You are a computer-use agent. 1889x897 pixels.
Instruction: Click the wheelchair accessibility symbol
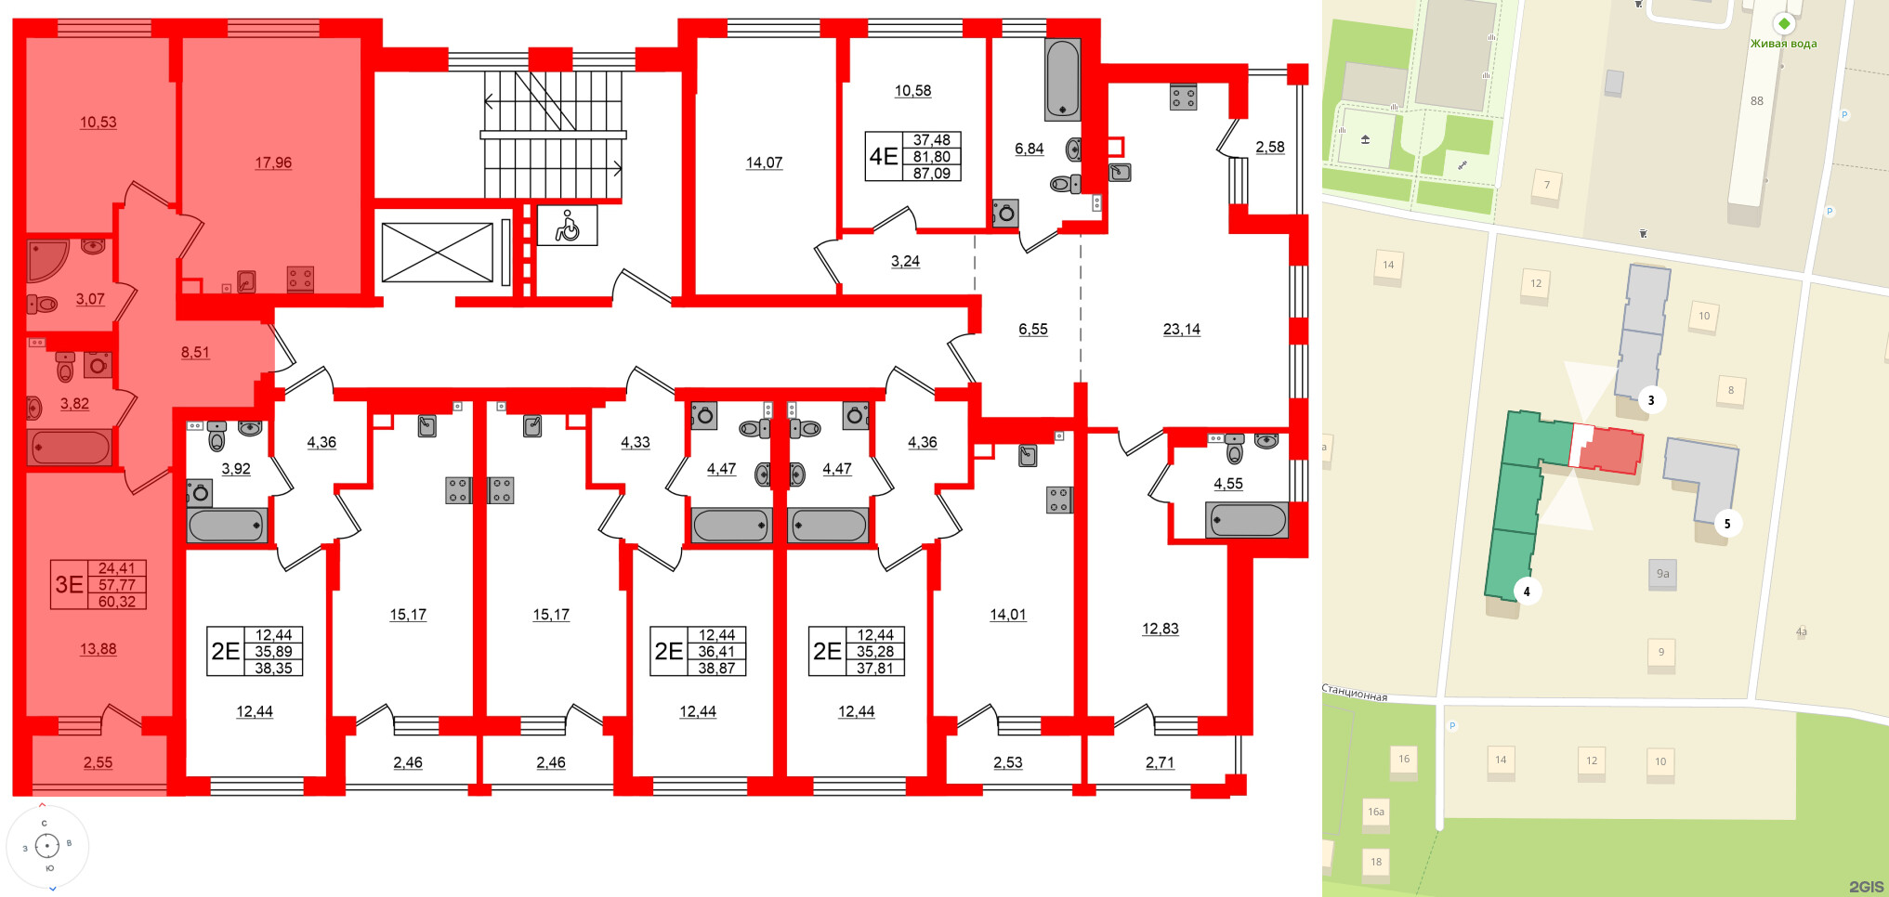tap(567, 226)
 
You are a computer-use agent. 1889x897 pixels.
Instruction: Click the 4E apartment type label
tap(883, 156)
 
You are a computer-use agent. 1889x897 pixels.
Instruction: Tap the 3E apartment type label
tap(69, 584)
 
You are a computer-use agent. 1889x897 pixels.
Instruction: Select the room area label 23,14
tap(1181, 329)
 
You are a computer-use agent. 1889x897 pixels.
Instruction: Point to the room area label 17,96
tap(273, 162)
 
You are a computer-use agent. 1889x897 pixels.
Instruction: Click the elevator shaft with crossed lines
tap(437, 252)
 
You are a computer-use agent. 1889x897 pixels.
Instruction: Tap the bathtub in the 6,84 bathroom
tap(1062, 80)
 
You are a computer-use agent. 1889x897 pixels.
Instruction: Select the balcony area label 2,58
tap(1269, 147)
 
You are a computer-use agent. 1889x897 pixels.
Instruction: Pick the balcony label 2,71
tap(1160, 762)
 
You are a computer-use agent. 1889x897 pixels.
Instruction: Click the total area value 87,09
tap(931, 173)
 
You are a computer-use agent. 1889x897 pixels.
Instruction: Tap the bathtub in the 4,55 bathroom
tap(1247, 520)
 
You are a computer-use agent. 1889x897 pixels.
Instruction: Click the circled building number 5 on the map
tap(1727, 524)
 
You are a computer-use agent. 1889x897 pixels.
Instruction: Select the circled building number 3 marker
tap(1650, 400)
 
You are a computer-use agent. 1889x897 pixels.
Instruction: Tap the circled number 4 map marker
tap(1527, 591)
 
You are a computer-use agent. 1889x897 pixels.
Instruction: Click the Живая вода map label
tap(1783, 43)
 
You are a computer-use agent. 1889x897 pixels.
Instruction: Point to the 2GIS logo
tap(1866, 887)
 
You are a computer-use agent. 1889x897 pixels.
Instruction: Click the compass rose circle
tap(46, 846)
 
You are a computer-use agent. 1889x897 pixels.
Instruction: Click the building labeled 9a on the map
tap(1662, 574)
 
